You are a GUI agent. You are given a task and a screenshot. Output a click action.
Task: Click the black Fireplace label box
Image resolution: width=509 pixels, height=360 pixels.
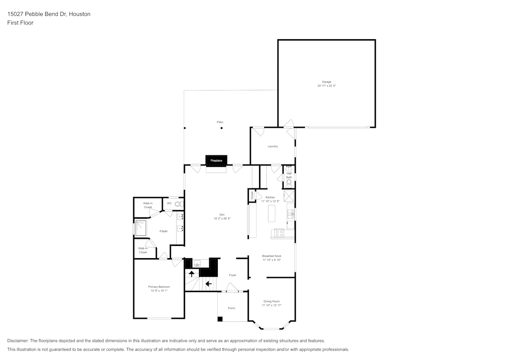216,160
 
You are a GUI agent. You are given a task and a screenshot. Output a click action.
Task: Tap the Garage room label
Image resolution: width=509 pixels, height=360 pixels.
326,82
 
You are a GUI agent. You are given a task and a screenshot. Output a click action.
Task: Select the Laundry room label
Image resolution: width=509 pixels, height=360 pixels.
273,147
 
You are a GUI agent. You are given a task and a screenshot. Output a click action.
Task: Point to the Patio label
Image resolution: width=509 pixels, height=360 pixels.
220,122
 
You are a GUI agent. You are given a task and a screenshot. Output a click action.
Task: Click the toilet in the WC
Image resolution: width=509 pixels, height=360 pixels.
178,204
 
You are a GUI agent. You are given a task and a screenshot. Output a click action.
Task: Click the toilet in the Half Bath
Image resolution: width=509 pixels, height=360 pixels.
289,182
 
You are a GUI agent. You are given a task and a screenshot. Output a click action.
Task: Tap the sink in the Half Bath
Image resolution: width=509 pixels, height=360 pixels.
289,168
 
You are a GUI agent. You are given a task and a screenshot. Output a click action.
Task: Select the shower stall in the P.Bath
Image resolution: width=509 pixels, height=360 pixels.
140,228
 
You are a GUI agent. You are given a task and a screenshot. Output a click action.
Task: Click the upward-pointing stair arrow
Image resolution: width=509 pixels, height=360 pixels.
192,274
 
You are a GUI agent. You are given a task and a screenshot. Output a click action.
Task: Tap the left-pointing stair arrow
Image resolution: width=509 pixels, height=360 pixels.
208,283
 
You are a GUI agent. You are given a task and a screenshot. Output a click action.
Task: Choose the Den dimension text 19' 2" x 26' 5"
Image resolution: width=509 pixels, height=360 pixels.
222,218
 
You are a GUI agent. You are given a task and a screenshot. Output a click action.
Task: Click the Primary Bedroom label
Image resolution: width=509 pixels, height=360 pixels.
159,287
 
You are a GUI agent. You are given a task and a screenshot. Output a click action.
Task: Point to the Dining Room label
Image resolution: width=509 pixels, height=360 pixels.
271,301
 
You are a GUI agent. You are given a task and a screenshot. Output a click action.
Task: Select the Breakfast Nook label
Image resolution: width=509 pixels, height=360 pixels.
271,256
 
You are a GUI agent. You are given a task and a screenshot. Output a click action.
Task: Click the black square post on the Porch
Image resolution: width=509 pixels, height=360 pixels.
220,319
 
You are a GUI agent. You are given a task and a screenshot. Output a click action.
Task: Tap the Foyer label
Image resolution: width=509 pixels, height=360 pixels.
233,275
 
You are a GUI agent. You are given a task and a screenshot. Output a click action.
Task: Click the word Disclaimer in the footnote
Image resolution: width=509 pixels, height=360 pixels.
18,341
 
